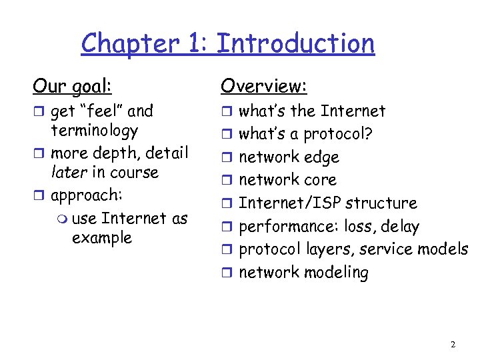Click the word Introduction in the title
coord(296,43)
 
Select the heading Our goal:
coord(72,86)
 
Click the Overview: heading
coord(264,86)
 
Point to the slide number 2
coord(453,345)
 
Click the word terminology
coord(95,130)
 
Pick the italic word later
coord(70,172)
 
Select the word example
coord(101,238)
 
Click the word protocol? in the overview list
coord(338,134)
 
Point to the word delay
coord(401,227)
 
